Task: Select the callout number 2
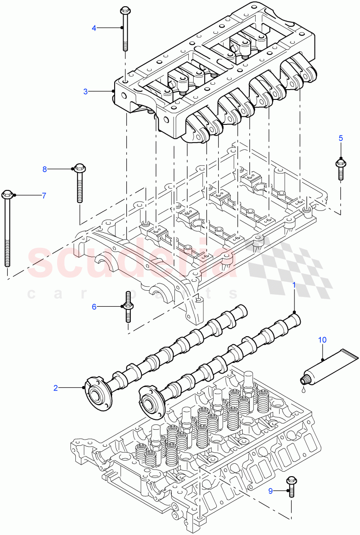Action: (56, 388)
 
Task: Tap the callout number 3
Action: (86, 91)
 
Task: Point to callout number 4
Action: (94, 28)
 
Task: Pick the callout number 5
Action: (340, 138)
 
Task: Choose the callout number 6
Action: (94, 306)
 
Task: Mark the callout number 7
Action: (44, 195)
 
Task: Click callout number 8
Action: (44, 169)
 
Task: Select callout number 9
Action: (271, 491)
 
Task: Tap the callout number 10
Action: (322, 340)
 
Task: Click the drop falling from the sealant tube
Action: (303, 391)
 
